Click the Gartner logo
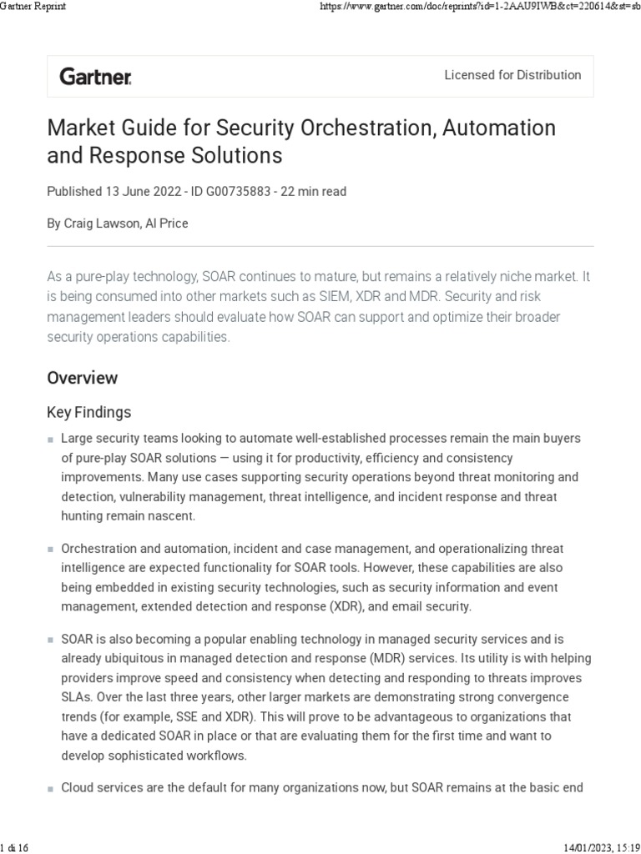point(95,77)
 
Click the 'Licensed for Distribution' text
point(512,75)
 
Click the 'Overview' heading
point(83,378)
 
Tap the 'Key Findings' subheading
point(89,412)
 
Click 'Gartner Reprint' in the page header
point(33,7)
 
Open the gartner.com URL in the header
point(480,7)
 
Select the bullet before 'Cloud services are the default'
point(51,788)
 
